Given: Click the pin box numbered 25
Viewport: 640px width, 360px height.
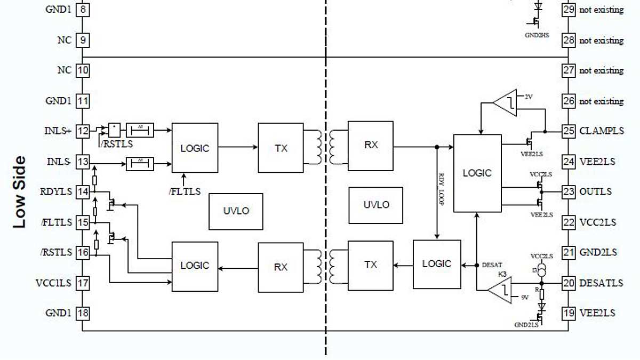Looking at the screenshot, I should (569, 131).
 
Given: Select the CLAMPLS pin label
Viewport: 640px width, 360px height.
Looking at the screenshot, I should (601, 131).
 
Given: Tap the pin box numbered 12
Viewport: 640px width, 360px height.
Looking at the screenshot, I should (83, 131).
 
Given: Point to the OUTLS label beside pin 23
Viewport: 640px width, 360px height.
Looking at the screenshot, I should (595, 191).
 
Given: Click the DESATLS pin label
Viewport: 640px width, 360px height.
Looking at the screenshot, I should (601, 283).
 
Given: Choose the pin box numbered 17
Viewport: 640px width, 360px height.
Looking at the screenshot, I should (83, 283).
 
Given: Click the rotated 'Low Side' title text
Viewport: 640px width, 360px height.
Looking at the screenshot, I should (19, 192).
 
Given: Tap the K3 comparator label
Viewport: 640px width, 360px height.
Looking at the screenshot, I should (502, 274).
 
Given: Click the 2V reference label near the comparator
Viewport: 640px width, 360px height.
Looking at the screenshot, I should (529, 97).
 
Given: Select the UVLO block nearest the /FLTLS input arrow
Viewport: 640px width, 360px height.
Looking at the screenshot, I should (236, 211).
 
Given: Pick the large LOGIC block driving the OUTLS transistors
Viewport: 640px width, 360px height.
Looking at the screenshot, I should (477, 173).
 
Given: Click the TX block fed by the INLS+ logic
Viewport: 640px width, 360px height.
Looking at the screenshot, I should (281, 148).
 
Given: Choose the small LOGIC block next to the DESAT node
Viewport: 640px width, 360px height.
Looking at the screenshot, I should (437, 264).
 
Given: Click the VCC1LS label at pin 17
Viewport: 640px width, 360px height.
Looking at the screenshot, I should (53, 283).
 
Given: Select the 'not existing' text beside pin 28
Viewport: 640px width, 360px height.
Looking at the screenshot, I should (601, 41).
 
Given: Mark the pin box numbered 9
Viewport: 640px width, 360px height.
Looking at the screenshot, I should (83, 40).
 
